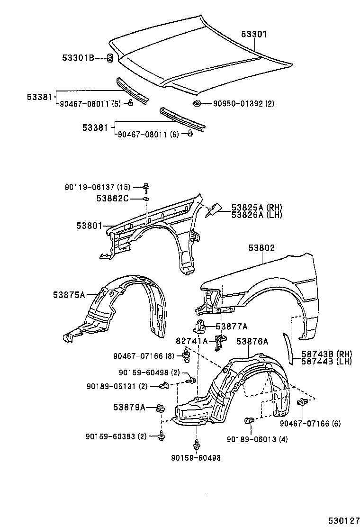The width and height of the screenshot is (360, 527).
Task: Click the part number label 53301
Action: tap(254, 35)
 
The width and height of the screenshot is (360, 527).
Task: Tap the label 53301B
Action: tap(78, 58)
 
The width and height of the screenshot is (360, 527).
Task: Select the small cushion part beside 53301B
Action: tap(108, 59)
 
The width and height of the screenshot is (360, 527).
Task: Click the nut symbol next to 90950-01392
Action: tap(196, 103)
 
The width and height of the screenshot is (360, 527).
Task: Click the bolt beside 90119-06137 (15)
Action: tap(146, 188)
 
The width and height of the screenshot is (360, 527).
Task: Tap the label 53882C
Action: tap(113, 199)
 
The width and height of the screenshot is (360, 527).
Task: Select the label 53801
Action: tap(89, 226)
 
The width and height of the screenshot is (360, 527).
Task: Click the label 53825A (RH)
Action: tap(256, 207)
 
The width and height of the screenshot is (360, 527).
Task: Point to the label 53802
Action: tap(261, 248)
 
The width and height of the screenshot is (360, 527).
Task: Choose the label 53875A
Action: tap(69, 295)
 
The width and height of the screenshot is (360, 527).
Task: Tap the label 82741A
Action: tap(192, 341)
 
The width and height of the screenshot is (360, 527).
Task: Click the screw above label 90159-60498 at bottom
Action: tap(196, 445)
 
